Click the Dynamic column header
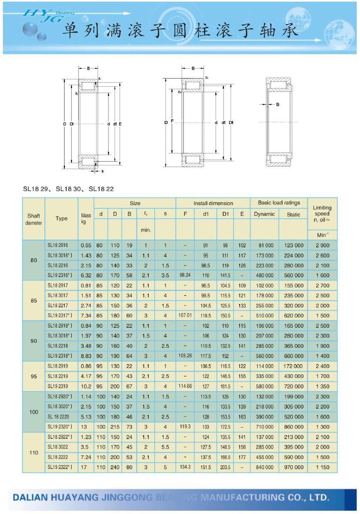(x=264, y=214)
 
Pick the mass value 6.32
(x=86, y=275)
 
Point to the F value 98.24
(x=185, y=275)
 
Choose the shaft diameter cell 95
(x=34, y=376)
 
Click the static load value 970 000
(x=294, y=467)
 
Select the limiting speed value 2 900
(x=322, y=245)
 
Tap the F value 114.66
(x=185, y=386)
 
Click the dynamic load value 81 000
(x=264, y=245)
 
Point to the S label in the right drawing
(x=277, y=104)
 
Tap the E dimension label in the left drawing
(x=120, y=123)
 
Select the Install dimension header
(x=213, y=203)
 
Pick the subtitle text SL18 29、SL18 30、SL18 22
(x=68, y=189)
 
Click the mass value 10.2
(x=86, y=386)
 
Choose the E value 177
(x=242, y=457)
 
